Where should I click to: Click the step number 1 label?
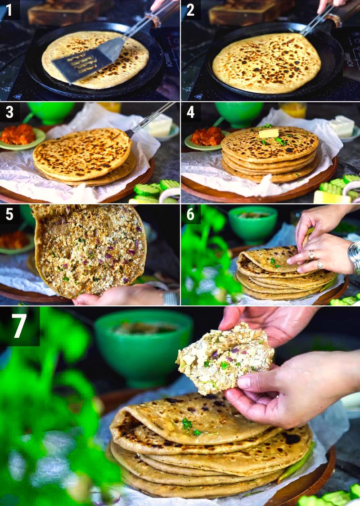9,9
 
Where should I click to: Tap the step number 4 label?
190,112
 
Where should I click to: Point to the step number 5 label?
9,214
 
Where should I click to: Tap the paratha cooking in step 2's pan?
266,63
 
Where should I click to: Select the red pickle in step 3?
18,134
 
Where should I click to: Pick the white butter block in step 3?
161,125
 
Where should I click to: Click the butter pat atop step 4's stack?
269,133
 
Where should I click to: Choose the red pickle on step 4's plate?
207,136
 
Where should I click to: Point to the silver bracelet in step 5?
170,298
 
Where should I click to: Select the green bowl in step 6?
252,224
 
